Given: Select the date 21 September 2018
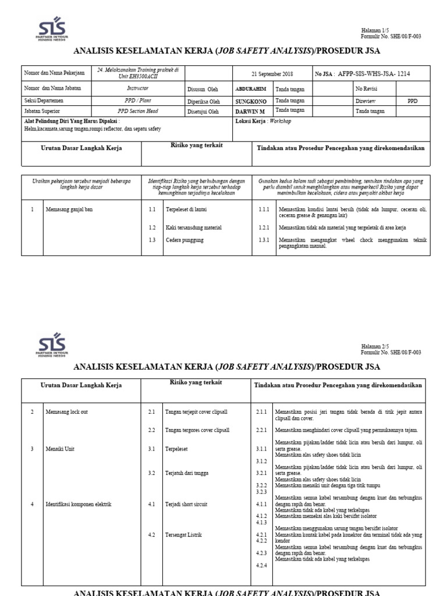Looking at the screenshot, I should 272,74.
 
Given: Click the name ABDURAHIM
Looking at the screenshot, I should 251,88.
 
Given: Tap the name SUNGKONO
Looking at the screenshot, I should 250,100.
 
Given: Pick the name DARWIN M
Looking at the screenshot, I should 249,110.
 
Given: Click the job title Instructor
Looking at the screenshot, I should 138,88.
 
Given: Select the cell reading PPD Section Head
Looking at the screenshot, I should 137,111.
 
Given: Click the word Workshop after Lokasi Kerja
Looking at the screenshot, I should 279,121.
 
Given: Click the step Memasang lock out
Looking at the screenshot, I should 67,411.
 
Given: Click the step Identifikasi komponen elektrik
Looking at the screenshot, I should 79,504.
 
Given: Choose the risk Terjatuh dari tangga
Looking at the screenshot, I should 187,473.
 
